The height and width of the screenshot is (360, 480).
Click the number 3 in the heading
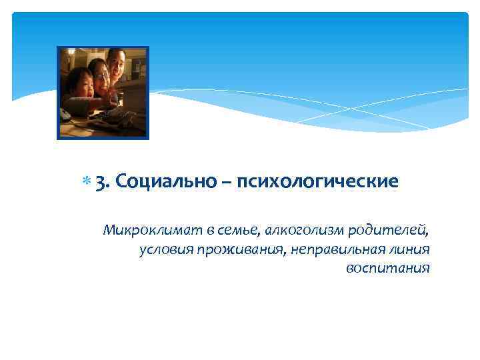coord(101,182)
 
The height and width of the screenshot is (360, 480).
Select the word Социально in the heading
coord(158,181)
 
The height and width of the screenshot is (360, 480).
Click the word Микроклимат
coord(151,231)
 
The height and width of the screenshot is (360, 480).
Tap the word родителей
coord(393,231)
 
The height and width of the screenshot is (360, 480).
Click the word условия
coord(164,250)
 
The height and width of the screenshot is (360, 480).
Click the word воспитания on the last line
coord(388,269)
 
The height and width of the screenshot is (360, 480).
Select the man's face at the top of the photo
coord(116,65)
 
